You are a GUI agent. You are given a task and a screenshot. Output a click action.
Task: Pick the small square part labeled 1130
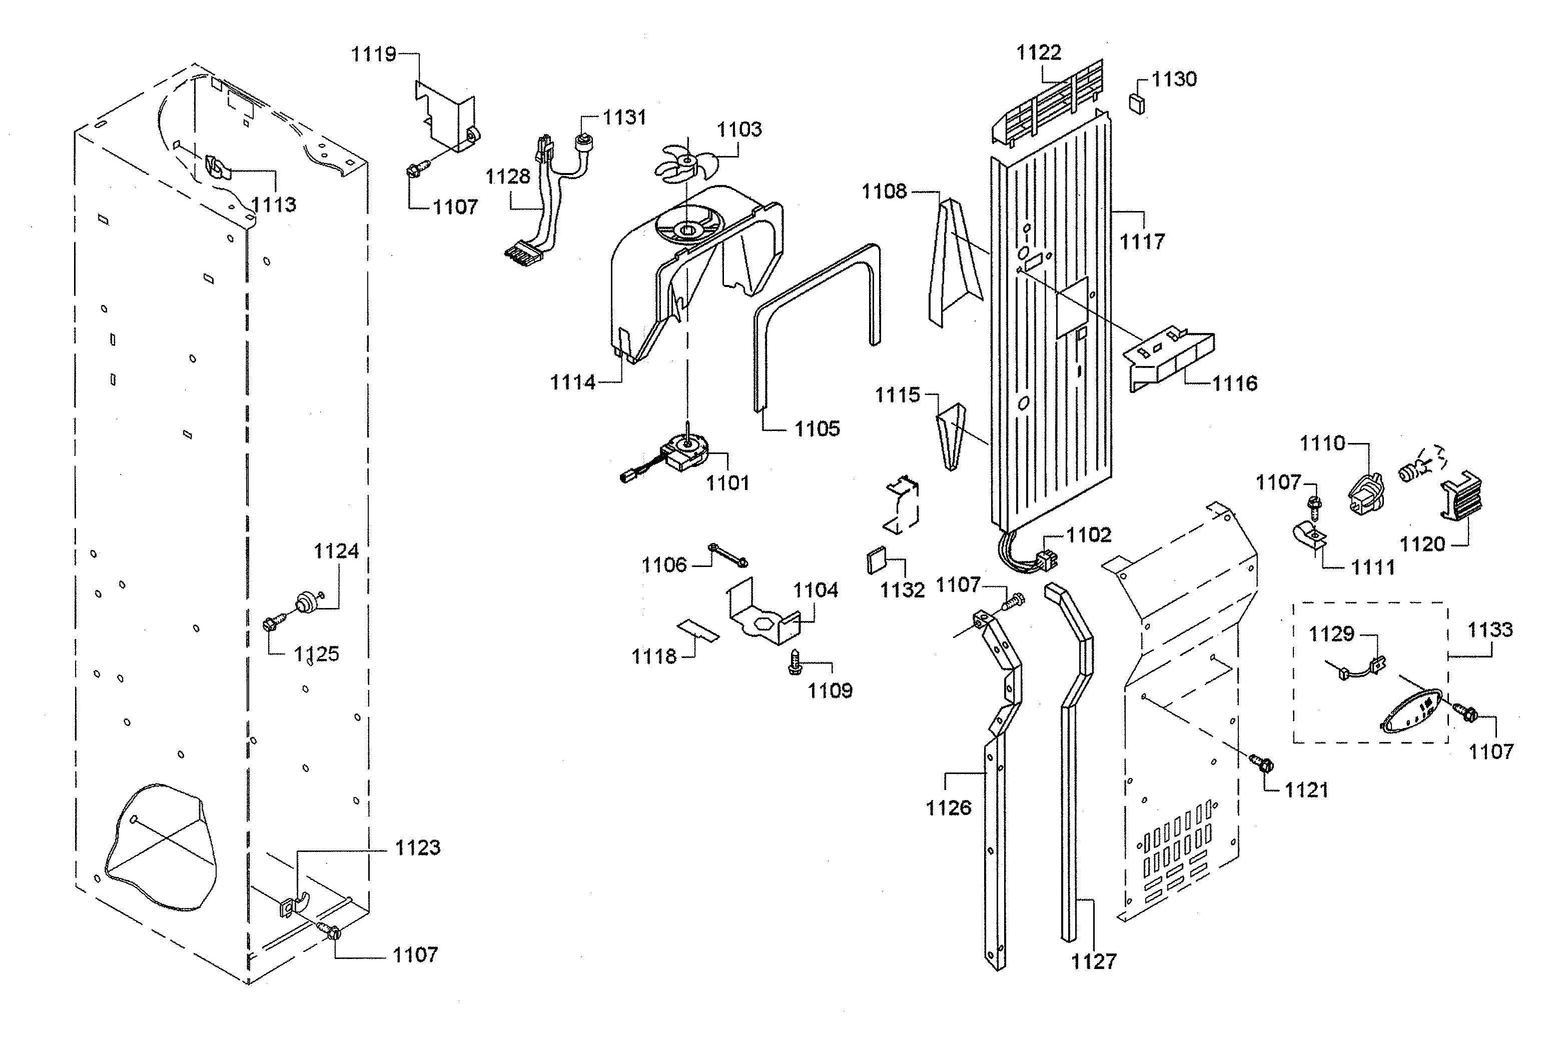pos(1137,104)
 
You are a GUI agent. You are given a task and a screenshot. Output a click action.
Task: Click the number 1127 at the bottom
pos(1094,961)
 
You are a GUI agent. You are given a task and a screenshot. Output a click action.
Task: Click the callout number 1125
pos(317,654)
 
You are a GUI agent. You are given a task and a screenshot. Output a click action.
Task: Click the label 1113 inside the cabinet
pos(274,204)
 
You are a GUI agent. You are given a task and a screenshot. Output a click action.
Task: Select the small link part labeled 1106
pos(728,554)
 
